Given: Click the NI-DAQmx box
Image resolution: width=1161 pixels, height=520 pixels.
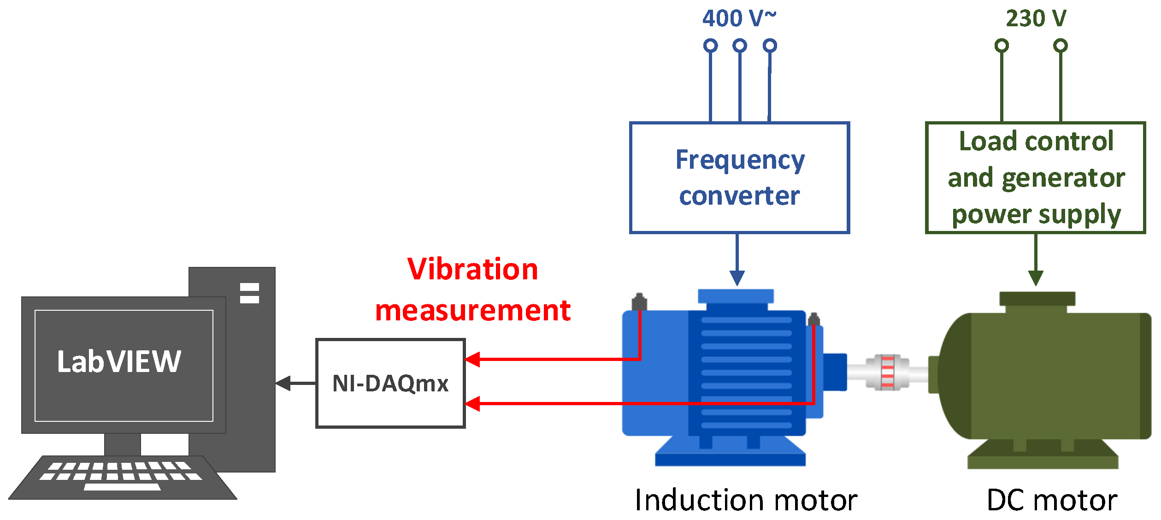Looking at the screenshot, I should [390, 383].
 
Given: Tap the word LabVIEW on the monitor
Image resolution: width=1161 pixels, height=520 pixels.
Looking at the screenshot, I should [119, 361].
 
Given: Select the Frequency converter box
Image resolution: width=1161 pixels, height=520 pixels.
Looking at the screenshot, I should [739, 178].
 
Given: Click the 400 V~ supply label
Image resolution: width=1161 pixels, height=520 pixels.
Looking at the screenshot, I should [739, 18].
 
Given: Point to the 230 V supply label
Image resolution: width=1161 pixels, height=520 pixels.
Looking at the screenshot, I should [1036, 18].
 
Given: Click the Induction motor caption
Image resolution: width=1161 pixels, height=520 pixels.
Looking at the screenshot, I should [746, 500].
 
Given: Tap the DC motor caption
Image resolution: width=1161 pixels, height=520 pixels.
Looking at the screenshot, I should [1052, 500].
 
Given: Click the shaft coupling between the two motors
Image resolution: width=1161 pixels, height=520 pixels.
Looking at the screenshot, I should [888, 372].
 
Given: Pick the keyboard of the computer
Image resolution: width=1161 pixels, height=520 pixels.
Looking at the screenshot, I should [122, 477].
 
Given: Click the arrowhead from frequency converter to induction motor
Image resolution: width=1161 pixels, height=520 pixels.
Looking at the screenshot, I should [737, 278].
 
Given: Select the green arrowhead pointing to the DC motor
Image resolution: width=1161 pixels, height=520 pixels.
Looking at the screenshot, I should [1036, 278].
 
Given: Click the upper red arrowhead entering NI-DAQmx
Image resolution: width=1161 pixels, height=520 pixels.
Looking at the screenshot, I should [473, 359].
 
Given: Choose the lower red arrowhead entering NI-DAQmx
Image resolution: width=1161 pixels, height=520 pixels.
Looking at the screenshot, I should [473, 404].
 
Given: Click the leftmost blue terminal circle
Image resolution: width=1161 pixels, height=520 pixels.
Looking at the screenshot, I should [710, 46].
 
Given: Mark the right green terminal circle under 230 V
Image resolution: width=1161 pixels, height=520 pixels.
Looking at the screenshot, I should [1061, 46].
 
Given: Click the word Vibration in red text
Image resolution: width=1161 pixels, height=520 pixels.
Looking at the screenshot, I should [472, 269].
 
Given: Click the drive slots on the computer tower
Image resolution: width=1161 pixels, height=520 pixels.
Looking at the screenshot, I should [249, 293].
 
